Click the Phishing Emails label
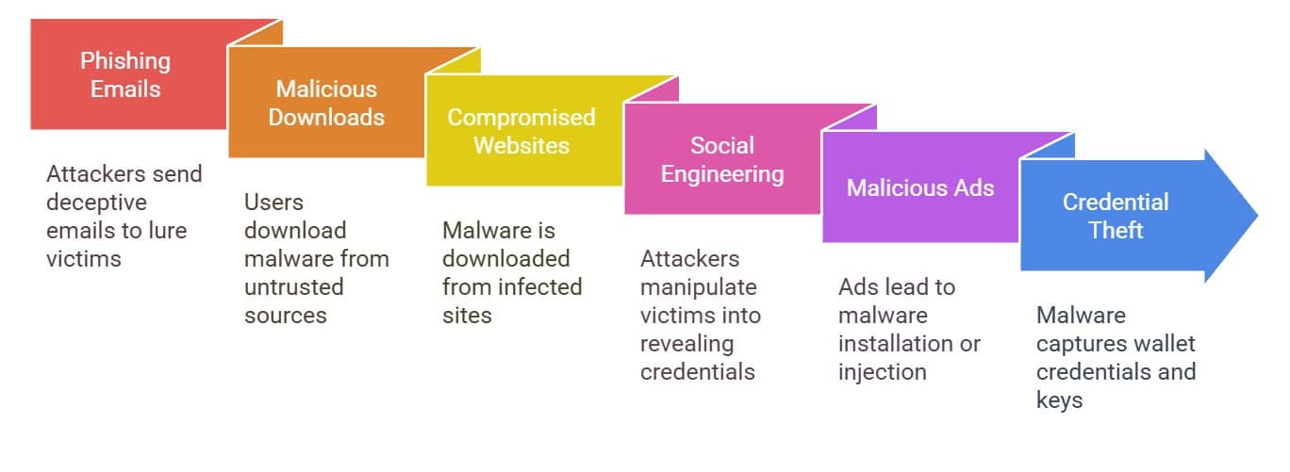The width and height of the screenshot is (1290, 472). coord(125,74)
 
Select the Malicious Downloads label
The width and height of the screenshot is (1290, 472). coord(326,103)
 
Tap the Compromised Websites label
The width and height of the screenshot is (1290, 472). coord(521,131)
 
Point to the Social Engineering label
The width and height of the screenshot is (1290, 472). coord(722,159)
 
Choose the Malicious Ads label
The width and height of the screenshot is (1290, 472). coord(920,187)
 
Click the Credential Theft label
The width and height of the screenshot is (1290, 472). coord(1116,216)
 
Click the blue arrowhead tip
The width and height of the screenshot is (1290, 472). coord(1258,216)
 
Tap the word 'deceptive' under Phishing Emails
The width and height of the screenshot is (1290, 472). coord(96,203)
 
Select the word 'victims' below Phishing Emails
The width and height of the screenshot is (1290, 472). coord(84,259)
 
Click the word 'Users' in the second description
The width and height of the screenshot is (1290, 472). coord(273,202)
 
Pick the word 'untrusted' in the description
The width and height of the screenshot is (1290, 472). coord(293,286)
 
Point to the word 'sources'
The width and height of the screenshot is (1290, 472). coord(285,316)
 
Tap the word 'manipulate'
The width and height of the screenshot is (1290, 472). coord(699,287)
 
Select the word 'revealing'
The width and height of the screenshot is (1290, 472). coord(687,344)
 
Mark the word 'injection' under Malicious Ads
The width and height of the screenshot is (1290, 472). coord(883,372)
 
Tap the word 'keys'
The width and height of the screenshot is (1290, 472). coord(1059,400)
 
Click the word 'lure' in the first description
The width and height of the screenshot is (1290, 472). coord(168,231)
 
